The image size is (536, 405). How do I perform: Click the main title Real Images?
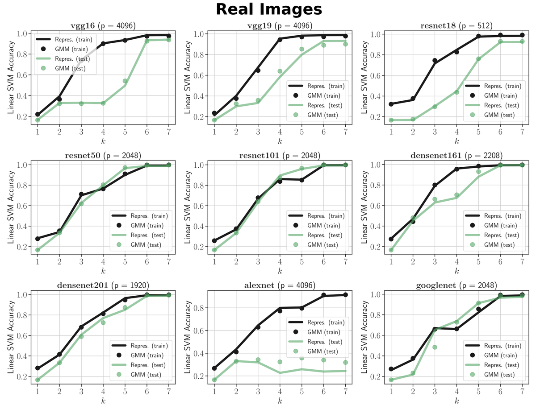tap(268, 9)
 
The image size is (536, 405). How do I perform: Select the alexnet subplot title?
tap(280, 285)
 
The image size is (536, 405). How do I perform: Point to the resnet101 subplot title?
tap(280, 156)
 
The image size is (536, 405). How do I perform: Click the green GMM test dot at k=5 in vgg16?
tap(125, 81)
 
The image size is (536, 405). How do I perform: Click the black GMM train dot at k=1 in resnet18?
tap(391, 104)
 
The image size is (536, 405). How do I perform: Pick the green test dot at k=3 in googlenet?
tap(435, 347)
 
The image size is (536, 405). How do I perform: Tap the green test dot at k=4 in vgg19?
tap(280, 71)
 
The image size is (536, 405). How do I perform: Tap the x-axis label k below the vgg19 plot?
tap(280, 142)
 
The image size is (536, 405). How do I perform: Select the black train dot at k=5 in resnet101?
tap(302, 180)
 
